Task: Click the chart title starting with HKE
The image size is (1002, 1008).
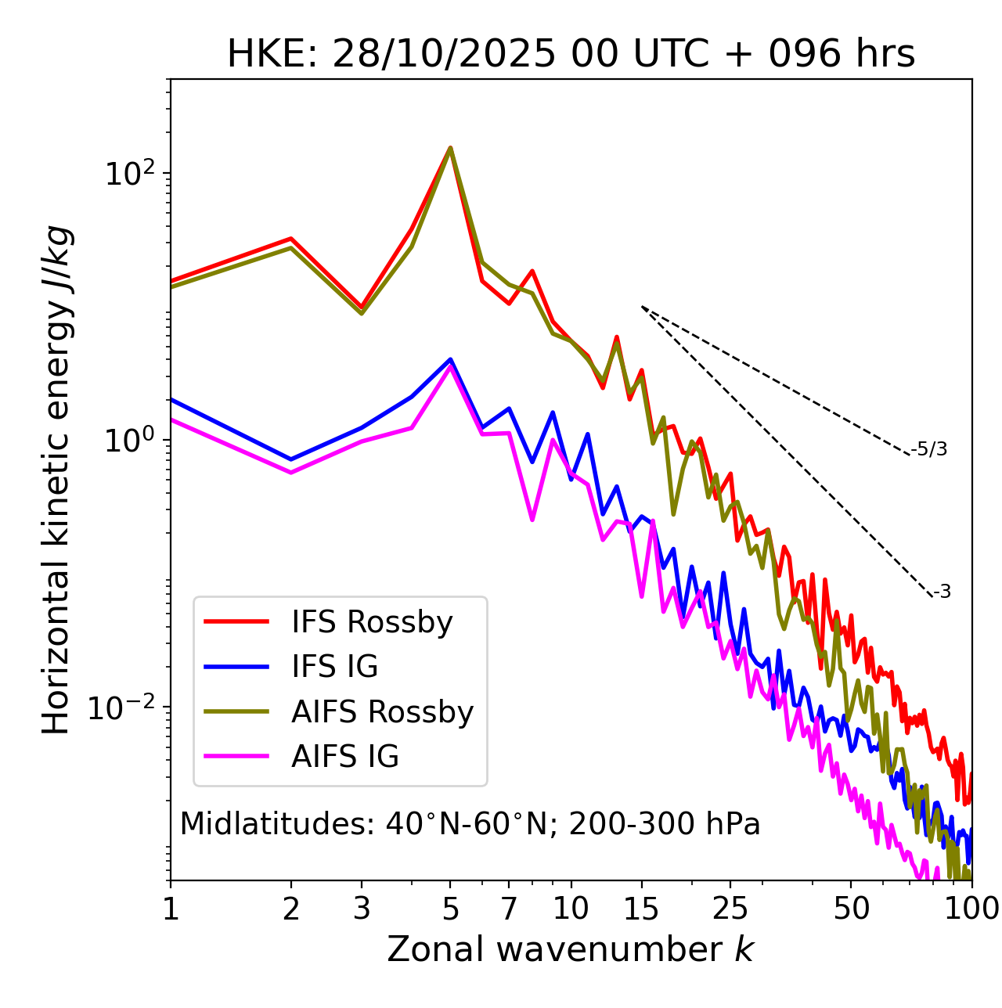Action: tap(571, 55)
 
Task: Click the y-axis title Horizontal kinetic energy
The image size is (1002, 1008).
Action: tap(56, 480)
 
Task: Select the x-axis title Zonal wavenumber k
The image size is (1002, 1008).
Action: tap(571, 949)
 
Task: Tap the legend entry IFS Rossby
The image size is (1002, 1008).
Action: tap(372, 622)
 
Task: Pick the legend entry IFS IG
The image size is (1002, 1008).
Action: tap(334, 667)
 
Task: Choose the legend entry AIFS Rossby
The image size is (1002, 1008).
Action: tap(382, 712)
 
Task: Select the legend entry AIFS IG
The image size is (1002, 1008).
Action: tap(344, 757)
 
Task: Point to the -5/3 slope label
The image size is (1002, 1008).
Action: tap(929, 449)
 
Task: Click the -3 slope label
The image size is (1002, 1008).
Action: tap(942, 592)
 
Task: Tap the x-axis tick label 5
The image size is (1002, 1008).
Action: tap(450, 909)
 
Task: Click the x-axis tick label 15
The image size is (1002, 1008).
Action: tap(641, 909)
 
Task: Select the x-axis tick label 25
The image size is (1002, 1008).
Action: tap(730, 909)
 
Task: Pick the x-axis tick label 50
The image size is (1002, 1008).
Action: tap(851, 909)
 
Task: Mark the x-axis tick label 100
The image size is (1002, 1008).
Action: tap(971, 909)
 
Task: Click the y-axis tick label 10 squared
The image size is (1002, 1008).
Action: tap(128, 173)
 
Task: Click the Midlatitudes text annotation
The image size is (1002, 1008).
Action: tap(470, 824)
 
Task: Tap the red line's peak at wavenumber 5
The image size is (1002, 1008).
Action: tap(450, 147)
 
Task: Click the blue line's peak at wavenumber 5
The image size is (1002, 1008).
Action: tap(450, 359)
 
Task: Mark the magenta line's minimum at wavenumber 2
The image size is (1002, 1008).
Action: tap(291, 473)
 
